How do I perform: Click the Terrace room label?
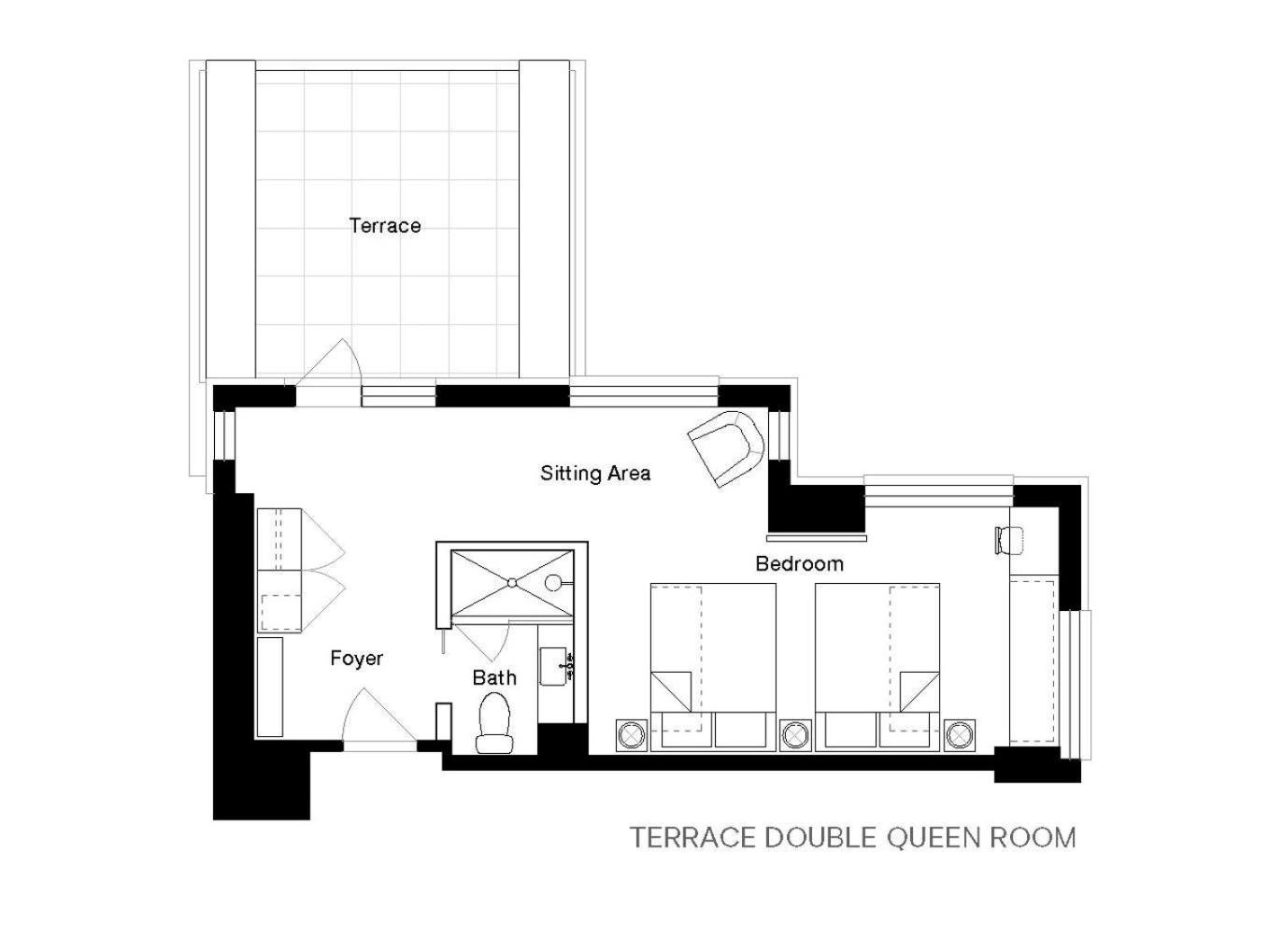click(x=384, y=225)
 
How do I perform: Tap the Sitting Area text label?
click(x=595, y=474)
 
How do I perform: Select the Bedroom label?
click(x=799, y=563)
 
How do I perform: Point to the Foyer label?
click(x=356, y=658)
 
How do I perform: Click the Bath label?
click(x=494, y=677)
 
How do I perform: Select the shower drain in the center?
click(x=512, y=582)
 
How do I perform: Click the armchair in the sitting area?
click(x=726, y=448)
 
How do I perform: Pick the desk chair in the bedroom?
click(x=1009, y=540)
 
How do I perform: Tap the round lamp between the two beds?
click(x=796, y=735)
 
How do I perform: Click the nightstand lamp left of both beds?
click(x=632, y=735)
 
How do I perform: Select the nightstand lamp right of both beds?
click(x=960, y=735)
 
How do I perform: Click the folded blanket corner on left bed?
click(x=671, y=691)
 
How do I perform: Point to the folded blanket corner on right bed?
click(x=920, y=691)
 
